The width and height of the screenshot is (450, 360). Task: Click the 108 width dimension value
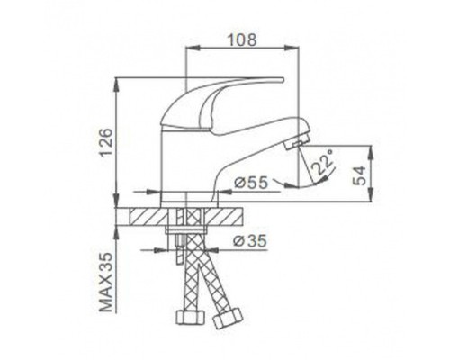(242, 40)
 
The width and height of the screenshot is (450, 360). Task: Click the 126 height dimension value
(106, 142)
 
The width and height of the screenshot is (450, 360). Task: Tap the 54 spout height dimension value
(360, 175)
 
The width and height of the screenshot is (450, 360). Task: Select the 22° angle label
(322, 162)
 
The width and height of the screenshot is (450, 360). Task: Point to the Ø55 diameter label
(251, 183)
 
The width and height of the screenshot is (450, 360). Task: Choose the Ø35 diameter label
(249, 240)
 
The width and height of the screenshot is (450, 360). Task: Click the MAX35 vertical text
(105, 282)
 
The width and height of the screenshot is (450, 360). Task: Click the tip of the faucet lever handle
(282, 79)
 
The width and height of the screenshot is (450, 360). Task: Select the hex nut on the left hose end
(190, 318)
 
